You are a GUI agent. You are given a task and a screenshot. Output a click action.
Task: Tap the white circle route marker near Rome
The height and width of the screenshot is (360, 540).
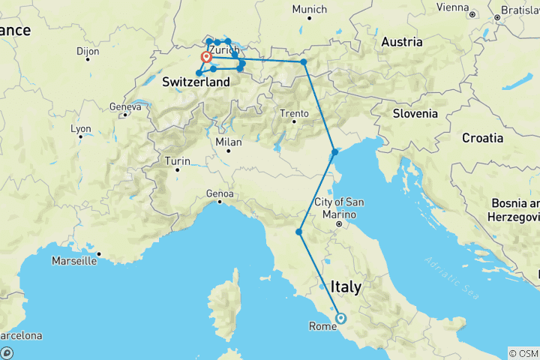point(340,318)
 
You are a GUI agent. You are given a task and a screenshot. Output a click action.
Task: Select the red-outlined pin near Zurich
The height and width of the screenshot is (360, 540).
point(205,57)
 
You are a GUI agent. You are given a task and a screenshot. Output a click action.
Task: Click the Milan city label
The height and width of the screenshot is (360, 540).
point(229,142)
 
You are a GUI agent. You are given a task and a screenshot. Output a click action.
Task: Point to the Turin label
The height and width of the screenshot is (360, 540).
point(177,160)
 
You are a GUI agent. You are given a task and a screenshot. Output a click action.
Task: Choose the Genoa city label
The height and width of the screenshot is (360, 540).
point(220,193)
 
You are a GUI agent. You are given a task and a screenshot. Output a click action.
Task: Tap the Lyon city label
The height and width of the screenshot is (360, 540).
point(81,129)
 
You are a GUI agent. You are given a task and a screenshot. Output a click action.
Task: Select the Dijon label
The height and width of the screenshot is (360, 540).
point(87,52)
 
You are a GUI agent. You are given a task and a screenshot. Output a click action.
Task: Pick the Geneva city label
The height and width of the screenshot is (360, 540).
point(125,107)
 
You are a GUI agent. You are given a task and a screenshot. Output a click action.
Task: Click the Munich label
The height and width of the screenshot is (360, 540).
point(310,10)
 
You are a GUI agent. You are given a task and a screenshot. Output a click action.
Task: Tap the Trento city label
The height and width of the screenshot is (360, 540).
point(294,113)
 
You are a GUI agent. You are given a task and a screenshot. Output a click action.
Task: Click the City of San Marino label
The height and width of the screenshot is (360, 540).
point(340,207)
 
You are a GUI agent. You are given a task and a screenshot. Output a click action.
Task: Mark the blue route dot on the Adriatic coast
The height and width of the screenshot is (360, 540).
point(334,152)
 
